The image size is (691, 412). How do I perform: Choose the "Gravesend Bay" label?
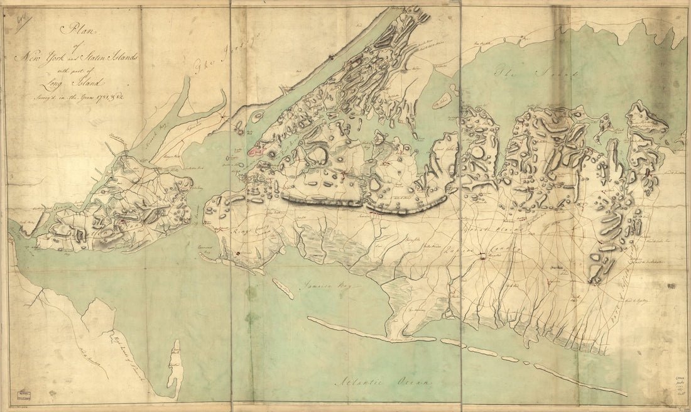point(215,251)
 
